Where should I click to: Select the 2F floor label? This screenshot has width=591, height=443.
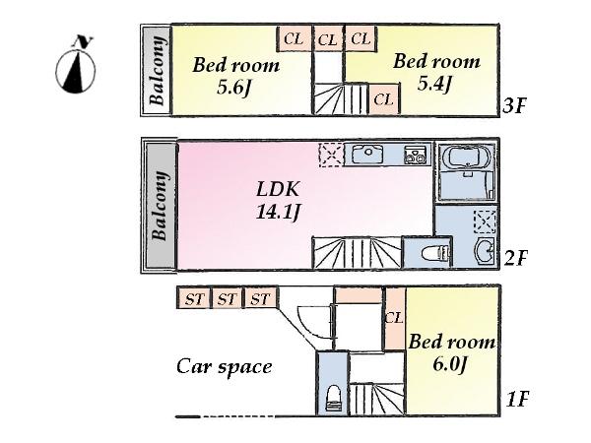pyautogui.click(x=515, y=259)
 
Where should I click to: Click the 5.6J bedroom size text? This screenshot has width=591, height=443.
pyautogui.click(x=235, y=86)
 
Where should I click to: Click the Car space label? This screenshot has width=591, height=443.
pyautogui.click(x=224, y=367)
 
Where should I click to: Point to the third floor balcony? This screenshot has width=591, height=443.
pyautogui.click(x=157, y=70)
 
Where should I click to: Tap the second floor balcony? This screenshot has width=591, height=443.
pyautogui.click(x=160, y=206)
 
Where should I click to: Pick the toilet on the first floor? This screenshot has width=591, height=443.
pyautogui.click(x=333, y=398)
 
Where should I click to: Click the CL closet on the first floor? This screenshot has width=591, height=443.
pyautogui.click(x=394, y=317)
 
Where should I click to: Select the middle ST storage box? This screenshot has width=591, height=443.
pyautogui.click(x=227, y=298)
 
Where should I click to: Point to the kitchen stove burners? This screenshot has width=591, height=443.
pyautogui.click(x=414, y=155)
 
